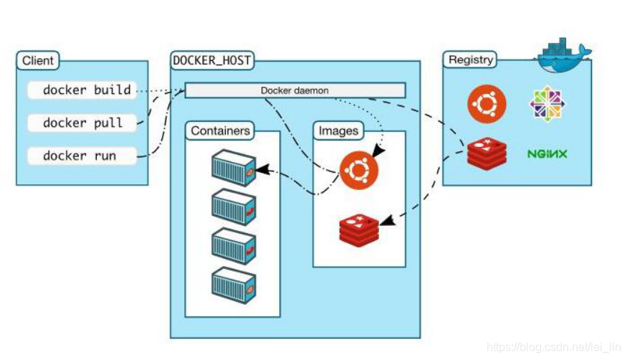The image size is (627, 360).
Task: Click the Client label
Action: point(37,61)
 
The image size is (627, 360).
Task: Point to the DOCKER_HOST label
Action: point(212,61)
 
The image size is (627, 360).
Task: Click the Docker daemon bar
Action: point(295,90)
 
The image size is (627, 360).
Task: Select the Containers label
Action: point(221,131)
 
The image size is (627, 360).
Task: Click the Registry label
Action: point(470,60)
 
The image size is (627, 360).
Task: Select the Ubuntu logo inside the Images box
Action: point(359,171)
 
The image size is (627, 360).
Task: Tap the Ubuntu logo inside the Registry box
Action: point(487,104)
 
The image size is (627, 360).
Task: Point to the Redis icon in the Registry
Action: point(487,153)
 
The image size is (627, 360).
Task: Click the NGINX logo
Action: point(547,153)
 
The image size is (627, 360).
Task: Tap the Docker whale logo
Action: point(564,55)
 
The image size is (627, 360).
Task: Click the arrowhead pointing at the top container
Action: point(262,171)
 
